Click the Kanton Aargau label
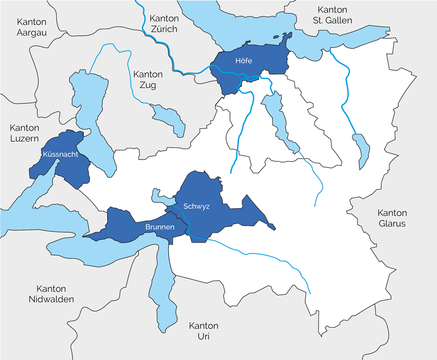32,27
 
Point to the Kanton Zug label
148,80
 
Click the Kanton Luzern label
25,133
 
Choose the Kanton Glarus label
392,218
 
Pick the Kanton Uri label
203,331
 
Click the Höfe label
243,61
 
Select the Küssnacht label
60,155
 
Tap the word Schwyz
196,206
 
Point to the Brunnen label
160,226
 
